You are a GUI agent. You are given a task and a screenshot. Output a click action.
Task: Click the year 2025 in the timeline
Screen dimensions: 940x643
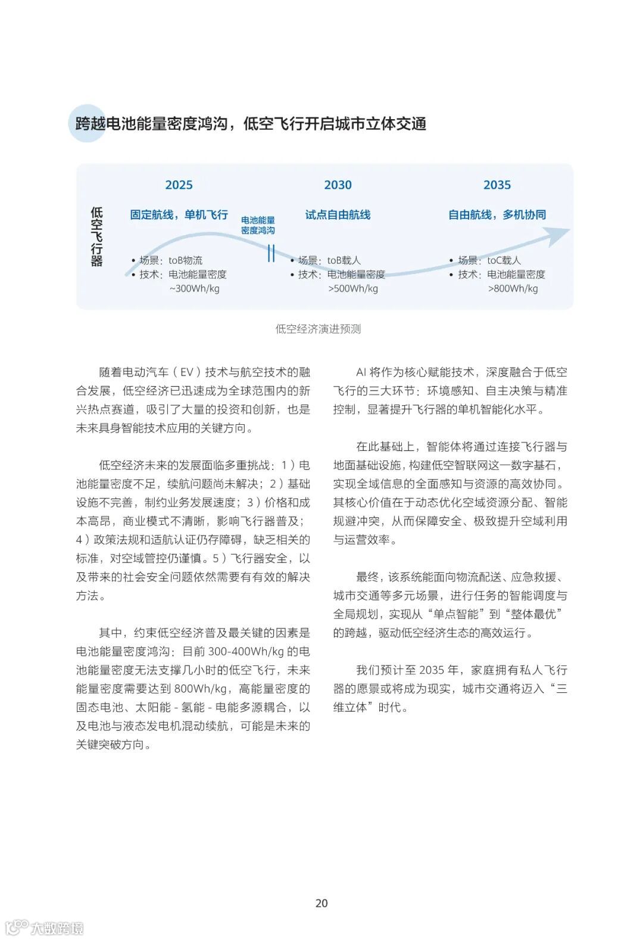coord(179,185)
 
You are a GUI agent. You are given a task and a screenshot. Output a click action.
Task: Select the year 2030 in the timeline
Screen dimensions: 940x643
coord(338,185)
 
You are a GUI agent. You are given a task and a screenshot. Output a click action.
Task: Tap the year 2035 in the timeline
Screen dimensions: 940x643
coord(497,185)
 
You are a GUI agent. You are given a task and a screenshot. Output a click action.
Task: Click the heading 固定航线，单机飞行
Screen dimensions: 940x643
coord(179,215)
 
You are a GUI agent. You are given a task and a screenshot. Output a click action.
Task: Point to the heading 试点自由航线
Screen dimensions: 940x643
coord(338,215)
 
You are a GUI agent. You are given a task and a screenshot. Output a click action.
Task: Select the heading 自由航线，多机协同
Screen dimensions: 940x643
coord(497,215)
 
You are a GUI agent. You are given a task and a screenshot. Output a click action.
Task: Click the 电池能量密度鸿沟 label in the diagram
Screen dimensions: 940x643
coord(258,225)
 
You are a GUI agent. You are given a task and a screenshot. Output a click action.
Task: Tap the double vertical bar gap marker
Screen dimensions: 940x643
coord(271,253)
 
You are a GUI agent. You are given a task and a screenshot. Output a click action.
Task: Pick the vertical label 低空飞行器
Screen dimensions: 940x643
coord(96,236)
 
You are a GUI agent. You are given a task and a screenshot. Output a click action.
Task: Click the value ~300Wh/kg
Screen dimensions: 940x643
coord(194,289)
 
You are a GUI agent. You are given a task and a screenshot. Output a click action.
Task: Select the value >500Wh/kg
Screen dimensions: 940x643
coord(353,289)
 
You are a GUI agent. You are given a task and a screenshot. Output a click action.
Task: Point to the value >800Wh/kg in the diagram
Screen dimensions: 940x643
coord(513,289)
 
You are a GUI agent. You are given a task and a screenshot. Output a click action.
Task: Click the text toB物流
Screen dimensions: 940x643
coord(185,260)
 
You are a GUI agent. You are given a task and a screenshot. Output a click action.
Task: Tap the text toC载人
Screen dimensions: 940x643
coord(504,260)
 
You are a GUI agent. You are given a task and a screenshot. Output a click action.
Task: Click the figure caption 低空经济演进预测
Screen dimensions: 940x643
coord(318,329)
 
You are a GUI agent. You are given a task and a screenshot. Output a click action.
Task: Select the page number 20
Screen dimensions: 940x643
coord(321,903)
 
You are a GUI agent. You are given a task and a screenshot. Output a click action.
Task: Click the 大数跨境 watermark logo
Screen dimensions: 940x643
coord(45,927)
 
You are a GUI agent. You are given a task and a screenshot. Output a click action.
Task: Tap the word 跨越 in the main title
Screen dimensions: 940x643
coord(90,124)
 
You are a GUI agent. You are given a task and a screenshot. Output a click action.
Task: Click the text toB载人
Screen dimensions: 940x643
coord(344,260)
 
